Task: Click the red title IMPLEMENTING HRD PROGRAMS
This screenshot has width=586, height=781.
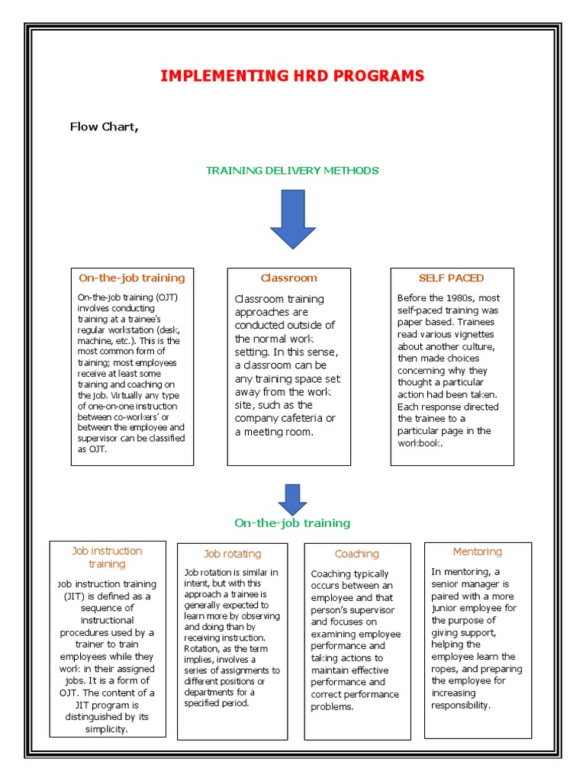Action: point(292,76)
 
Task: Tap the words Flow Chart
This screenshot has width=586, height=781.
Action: point(104,127)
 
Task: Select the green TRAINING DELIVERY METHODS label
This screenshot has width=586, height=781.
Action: point(292,170)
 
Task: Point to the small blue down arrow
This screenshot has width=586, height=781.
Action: point(292,499)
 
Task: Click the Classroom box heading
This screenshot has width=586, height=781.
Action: point(288,278)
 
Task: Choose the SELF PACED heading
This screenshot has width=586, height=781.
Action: point(451,278)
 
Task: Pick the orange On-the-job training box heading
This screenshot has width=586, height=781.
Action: point(131,278)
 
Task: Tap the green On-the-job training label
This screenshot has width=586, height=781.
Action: point(292,523)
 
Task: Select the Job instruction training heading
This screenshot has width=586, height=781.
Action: point(107,558)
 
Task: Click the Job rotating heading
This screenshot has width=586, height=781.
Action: point(232,554)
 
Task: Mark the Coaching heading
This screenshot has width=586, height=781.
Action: point(356,554)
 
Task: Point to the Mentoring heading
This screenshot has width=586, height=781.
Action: point(477,551)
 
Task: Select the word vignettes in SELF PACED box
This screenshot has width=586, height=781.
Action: point(468,334)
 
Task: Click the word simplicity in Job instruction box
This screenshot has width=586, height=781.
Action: point(107,729)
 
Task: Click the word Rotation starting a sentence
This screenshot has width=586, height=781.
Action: point(202,648)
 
